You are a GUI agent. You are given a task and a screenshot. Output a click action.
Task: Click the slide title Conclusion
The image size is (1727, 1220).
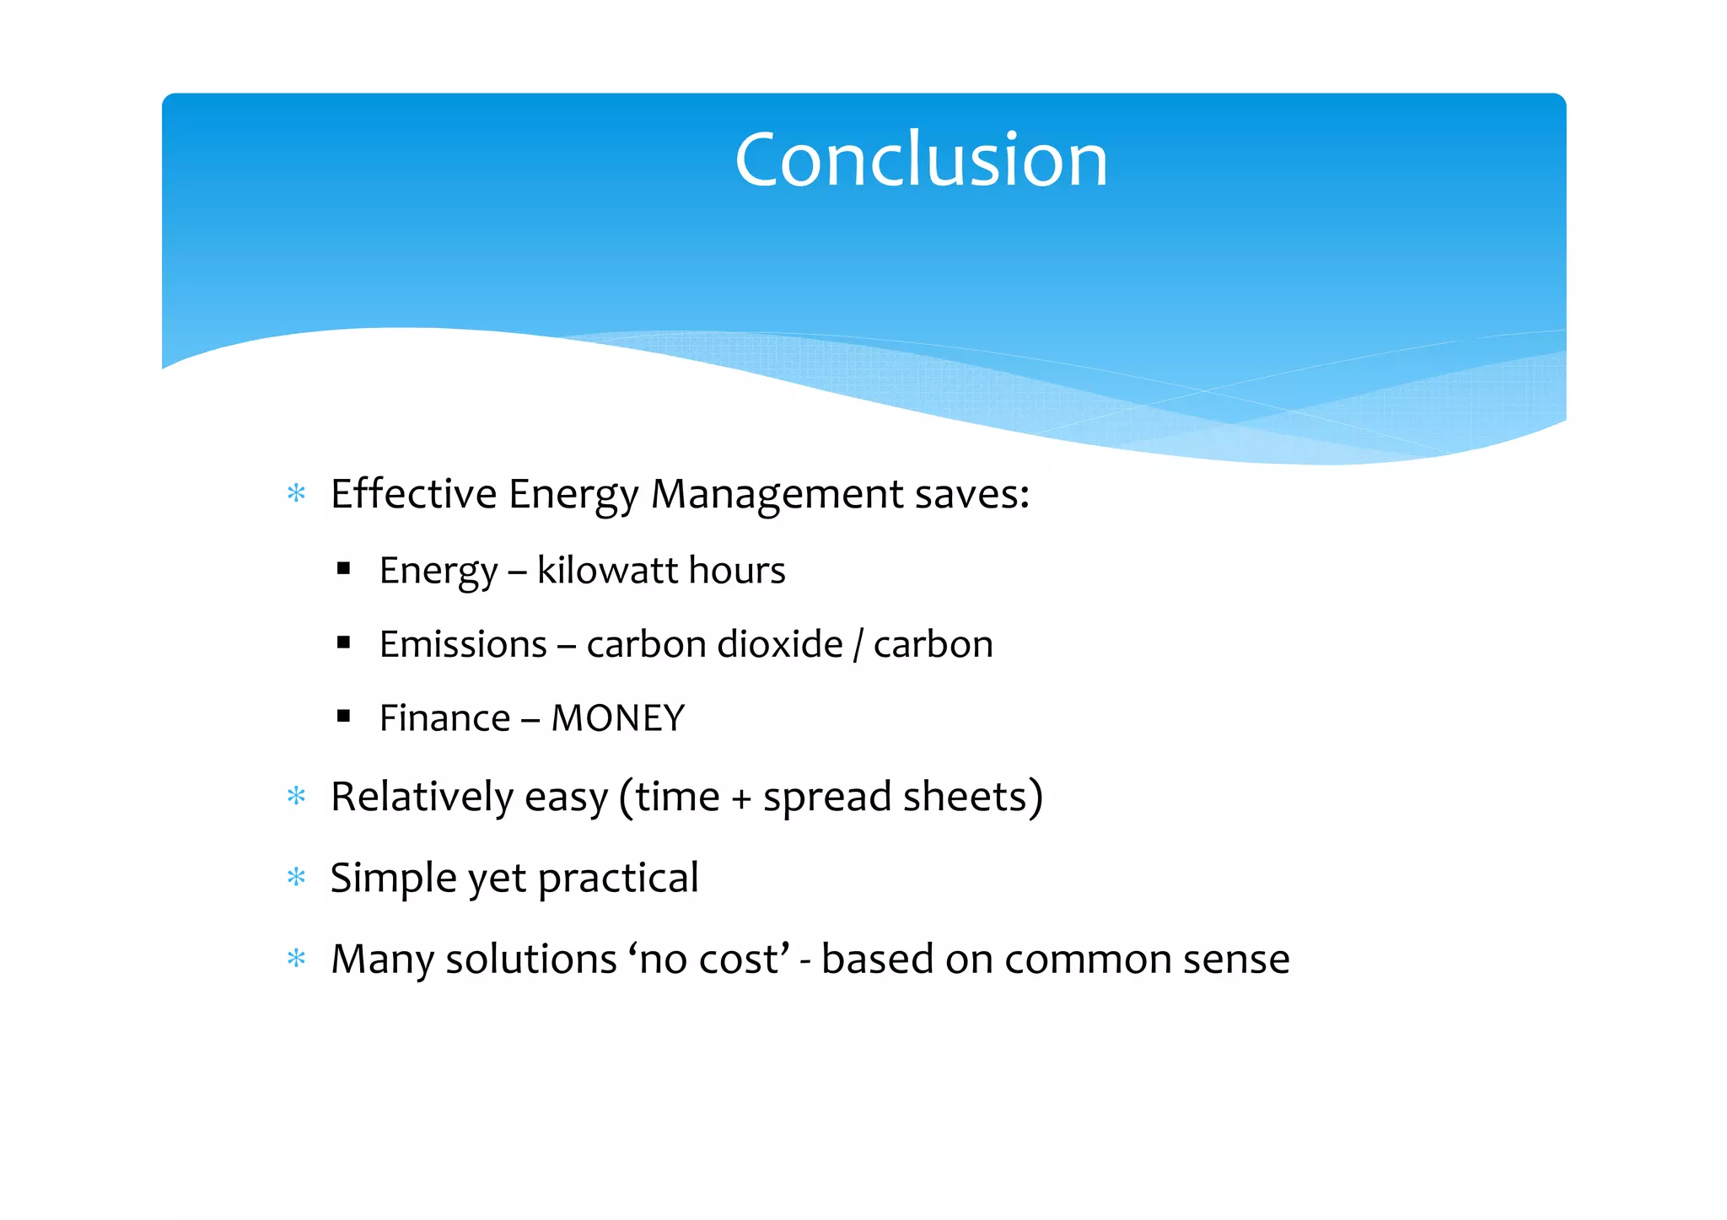tap(921, 160)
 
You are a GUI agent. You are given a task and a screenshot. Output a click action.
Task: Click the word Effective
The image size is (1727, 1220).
tap(413, 493)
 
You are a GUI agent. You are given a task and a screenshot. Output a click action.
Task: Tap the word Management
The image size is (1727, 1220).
tap(777, 495)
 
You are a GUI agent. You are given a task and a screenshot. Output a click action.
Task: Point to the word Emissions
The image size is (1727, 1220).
tap(463, 645)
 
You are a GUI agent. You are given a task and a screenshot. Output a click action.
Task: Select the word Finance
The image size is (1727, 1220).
tap(444, 718)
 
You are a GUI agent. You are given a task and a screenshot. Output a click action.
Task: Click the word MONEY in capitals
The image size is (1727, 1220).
tap(617, 718)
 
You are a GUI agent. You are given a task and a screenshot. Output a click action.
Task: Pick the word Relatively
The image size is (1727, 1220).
tap(422, 797)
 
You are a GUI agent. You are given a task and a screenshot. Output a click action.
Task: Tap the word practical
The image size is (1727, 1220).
tap(618, 879)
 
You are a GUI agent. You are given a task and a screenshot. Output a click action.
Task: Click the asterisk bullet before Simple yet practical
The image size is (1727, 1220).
tap(296, 878)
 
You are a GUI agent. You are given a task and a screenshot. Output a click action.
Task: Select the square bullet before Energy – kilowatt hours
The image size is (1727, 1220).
tap(343, 569)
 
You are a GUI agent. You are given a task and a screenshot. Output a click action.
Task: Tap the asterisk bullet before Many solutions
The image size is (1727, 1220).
tap(296, 959)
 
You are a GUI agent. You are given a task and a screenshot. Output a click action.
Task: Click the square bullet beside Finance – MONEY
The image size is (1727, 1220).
tap(343, 717)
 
